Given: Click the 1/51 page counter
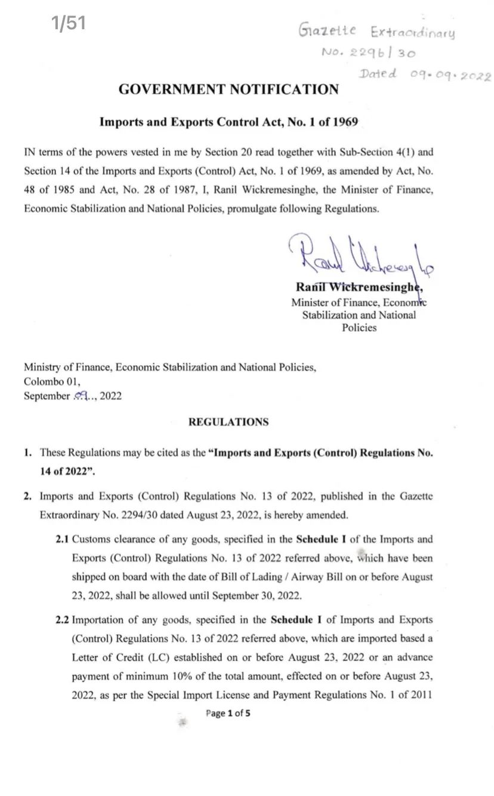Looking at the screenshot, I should pyautogui.click(x=69, y=24).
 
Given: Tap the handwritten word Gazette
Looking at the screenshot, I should pyautogui.click(x=328, y=29).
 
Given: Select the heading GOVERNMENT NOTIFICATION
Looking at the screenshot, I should pyautogui.click(x=229, y=90).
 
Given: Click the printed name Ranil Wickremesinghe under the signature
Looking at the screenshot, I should pyautogui.click(x=359, y=288).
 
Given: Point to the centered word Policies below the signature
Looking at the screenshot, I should pyautogui.click(x=359, y=328).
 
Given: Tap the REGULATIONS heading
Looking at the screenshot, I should pyautogui.click(x=229, y=422).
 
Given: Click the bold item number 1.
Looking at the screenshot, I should pyautogui.click(x=28, y=453).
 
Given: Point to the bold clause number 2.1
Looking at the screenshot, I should pyautogui.click(x=63, y=539).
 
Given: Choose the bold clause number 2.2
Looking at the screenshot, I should pyautogui.click(x=63, y=620).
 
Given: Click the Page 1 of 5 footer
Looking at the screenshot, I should pyautogui.click(x=228, y=713).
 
